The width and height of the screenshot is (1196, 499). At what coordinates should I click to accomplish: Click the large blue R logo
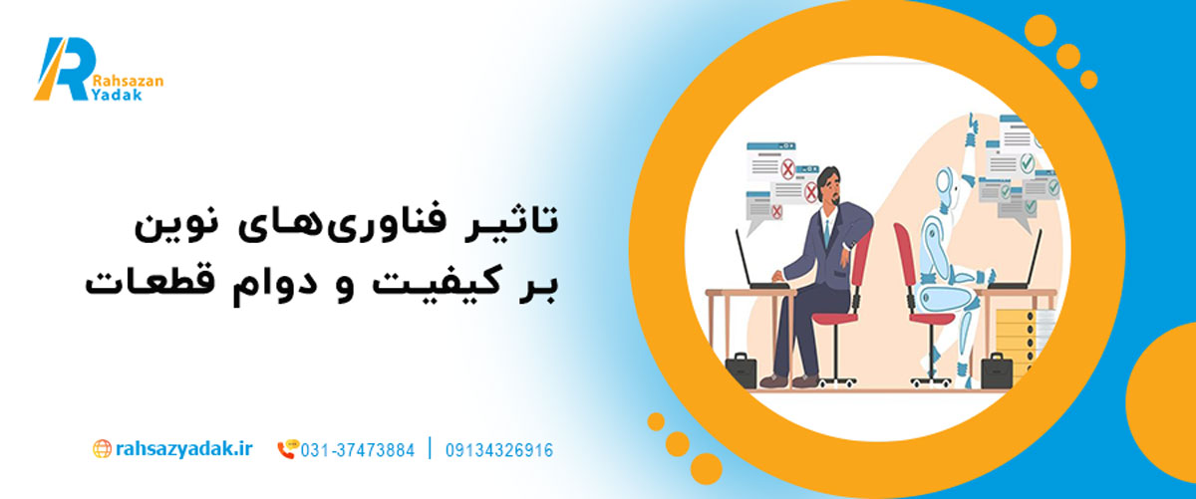tap(64, 69)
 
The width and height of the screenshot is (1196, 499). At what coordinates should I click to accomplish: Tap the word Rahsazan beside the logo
tap(128, 82)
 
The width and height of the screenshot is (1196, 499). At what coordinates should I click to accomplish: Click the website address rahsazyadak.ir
tap(183, 449)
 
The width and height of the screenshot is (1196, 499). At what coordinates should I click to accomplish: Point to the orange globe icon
tap(102, 449)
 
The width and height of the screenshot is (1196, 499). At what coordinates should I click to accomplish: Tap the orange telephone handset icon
tap(286, 451)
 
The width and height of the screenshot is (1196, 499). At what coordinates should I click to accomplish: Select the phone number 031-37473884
tap(357, 451)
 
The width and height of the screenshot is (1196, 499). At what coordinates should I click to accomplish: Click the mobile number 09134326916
tap(499, 451)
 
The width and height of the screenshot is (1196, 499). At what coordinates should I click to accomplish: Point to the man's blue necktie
tap(826, 233)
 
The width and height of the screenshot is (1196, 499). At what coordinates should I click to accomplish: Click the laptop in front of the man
tap(758, 262)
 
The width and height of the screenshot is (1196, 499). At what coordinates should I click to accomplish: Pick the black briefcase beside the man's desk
tap(742, 370)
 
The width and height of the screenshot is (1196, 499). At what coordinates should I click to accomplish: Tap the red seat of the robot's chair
tap(933, 319)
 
